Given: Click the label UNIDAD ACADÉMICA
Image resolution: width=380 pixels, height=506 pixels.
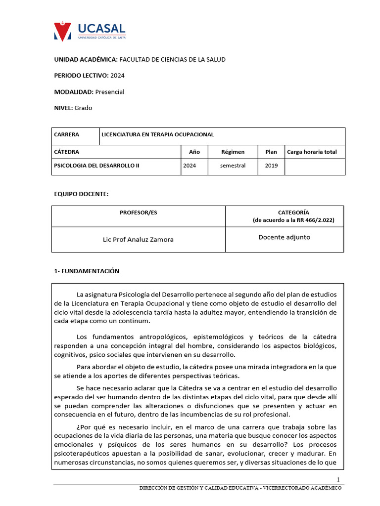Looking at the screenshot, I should tap(86, 59).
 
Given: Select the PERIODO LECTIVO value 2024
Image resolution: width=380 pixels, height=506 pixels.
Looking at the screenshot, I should tap(117, 76).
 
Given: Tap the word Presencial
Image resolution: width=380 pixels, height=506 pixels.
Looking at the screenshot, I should tap(110, 92).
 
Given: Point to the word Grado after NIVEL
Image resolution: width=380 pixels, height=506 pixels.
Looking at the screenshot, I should tap(83, 108).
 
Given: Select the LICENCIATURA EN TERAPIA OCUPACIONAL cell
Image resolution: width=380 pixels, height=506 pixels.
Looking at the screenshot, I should tap(157, 134).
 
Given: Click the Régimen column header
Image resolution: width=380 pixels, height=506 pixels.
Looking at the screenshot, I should tap(233, 152).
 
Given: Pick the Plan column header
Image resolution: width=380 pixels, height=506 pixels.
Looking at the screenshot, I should tap(271, 152).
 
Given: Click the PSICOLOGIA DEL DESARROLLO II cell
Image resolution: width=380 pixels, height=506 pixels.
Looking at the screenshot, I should tap(96, 166).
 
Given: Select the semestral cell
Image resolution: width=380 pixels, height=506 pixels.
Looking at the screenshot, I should tap(233, 166).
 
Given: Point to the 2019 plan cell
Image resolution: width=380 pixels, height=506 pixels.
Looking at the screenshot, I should tap(271, 166).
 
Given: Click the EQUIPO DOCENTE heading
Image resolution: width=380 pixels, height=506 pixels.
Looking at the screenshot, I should tap(81, 194).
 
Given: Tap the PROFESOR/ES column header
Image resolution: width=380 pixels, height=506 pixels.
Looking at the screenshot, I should tap(139, 212).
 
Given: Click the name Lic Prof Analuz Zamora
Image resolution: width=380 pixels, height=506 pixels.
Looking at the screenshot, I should tap(138, 240).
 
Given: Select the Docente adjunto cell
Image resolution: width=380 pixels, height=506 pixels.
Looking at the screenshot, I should tap(285, 237).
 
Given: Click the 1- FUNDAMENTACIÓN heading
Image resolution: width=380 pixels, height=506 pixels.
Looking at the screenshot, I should tap(87, 271).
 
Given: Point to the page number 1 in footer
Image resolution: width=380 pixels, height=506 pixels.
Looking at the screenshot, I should tap(338, 480).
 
